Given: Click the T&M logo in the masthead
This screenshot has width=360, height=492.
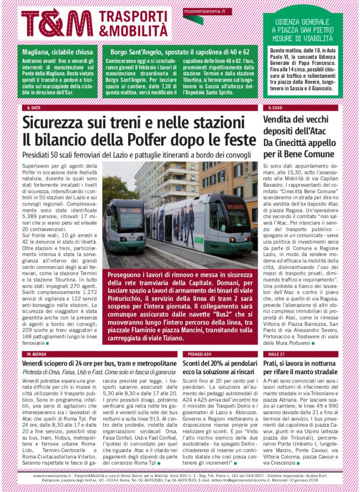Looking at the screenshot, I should [x=57, y=23].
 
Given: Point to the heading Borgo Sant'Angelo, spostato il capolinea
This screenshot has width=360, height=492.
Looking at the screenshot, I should [x=180, y=52].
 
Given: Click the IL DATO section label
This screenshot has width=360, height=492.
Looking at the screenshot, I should [x=34, y=108].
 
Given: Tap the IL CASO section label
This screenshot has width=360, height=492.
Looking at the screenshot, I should [x=275, y=108].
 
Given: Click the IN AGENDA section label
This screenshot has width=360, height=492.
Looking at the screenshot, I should [x=36, y=354].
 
